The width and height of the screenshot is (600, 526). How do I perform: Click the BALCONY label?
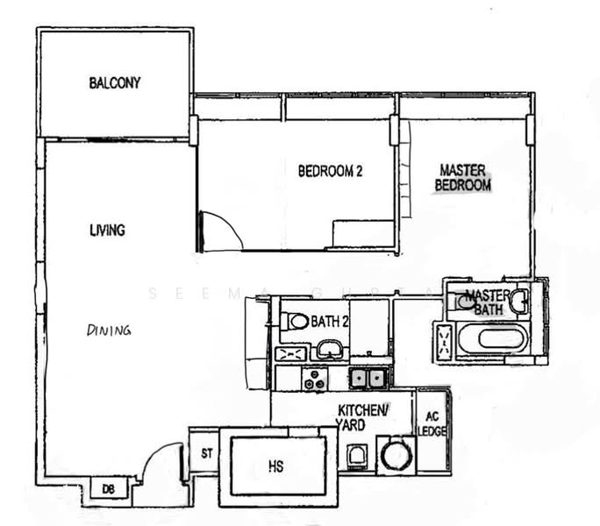[x=115, y=83]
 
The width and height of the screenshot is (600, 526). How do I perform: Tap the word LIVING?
[x=107, y=230]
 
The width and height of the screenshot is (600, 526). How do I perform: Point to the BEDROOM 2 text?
[x=330, y=172]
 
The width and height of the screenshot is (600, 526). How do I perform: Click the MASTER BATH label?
[x=488, y=302]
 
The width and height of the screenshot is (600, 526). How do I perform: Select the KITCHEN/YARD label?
[x=364, y=416]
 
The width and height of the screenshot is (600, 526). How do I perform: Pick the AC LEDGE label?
[x=432, y=424]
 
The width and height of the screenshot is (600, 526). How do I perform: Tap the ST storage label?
[x=206, y=453]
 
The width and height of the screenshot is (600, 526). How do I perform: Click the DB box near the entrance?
[x=109, y=487]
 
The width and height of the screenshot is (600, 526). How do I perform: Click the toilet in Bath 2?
[x=297, y=322]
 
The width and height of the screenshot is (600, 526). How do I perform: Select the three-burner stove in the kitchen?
[x=314, y=378]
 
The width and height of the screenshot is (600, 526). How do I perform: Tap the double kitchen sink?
[x=368, y=378]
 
